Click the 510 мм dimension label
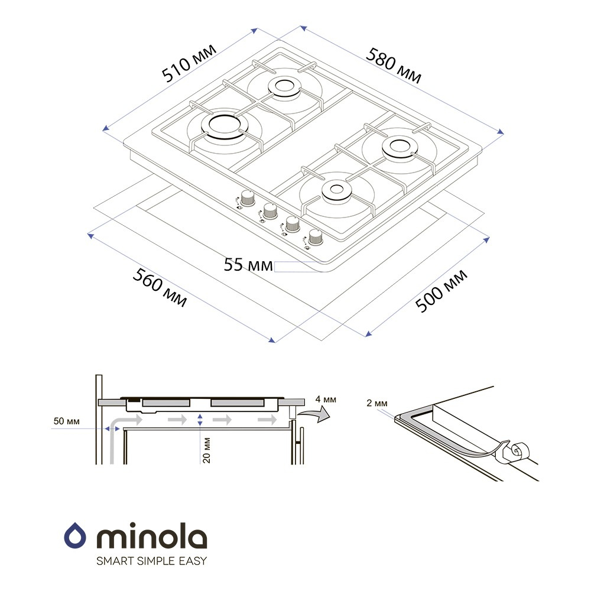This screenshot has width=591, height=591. (x=189, y=63)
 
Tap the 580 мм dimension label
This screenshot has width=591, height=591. (x=394, y=65)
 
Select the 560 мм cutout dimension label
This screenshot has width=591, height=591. (x=160, y=287)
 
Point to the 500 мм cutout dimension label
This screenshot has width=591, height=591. (x=441, y=291)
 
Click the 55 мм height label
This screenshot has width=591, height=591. (x=248, y=265)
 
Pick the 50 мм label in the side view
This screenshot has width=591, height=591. (x=66, y=421)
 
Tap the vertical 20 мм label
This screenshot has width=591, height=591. (x=206, y=450)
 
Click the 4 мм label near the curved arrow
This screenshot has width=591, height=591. (x=326, y=399)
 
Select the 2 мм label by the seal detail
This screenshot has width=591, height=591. (x=377, y=403)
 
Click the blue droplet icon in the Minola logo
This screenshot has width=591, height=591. (x=75, y=535)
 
